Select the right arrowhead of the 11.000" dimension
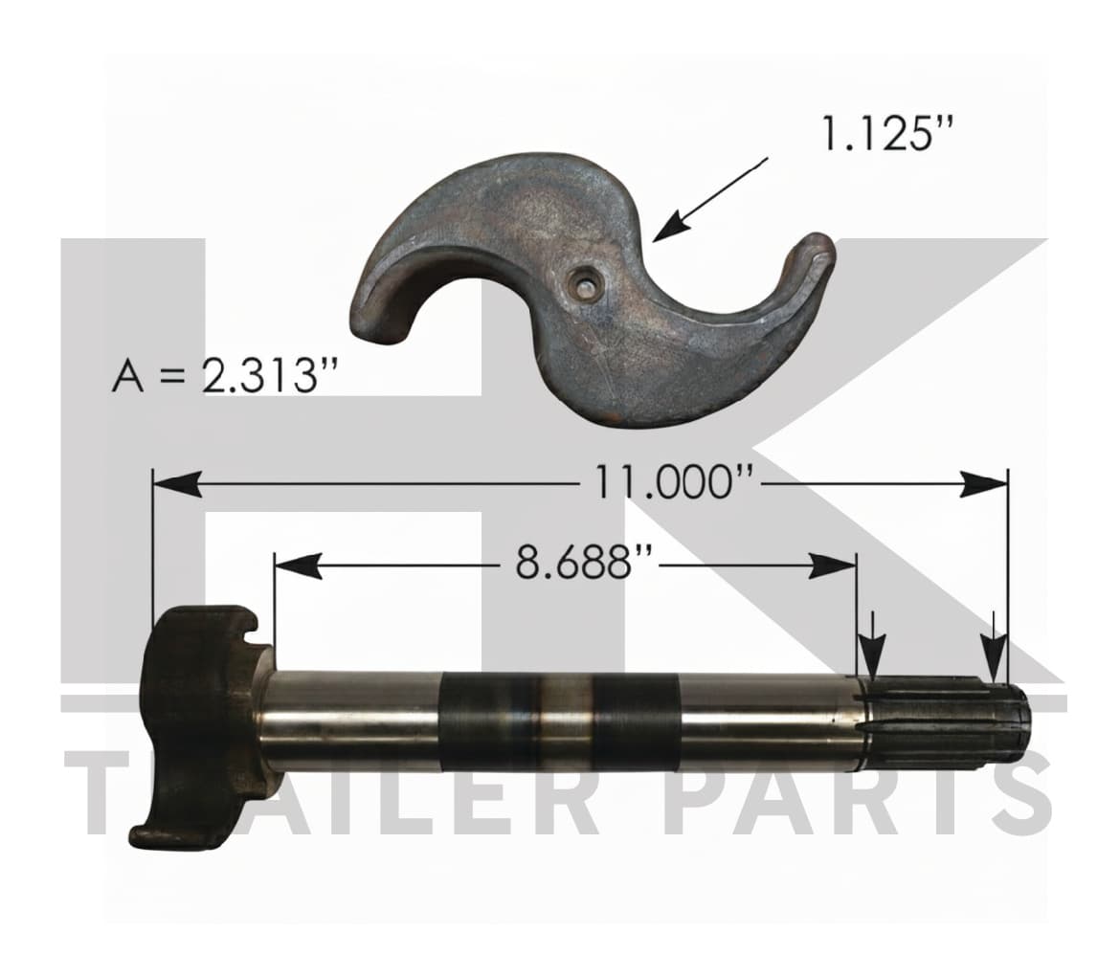pyautogui.click(x=983, y=483)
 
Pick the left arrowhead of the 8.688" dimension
pyautogui.click(x=298, y=566)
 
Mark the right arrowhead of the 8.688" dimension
pyautogui.click(x=833, y=566)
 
